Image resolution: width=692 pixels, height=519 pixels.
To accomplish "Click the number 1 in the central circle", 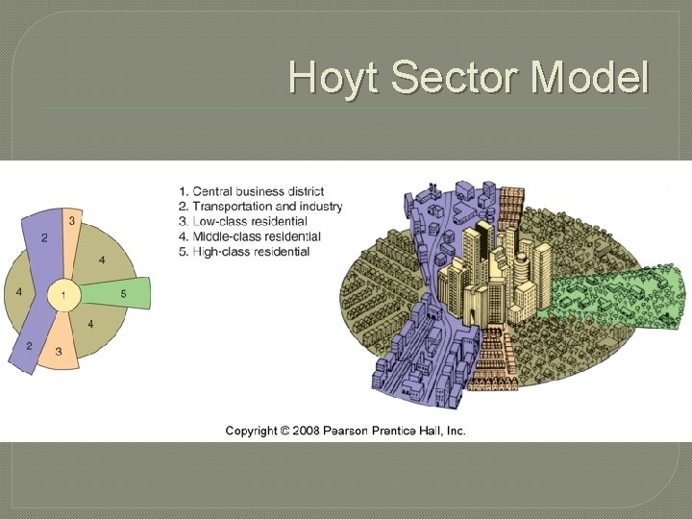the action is tap(63, 295).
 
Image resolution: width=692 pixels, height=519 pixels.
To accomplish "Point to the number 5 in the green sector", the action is tap(123, 292).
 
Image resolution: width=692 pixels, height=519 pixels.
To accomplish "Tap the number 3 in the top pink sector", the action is tap(71, 220).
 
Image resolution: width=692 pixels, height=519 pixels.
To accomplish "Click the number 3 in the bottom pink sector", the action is tap(60, 352).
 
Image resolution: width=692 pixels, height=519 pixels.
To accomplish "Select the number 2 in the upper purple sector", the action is tap(44, 236).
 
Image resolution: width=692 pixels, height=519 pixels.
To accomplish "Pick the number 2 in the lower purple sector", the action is tap(29, 345).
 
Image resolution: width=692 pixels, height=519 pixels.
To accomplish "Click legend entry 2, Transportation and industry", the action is tap(260, 207).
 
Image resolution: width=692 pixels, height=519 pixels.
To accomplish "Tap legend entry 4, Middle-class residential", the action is tap(250, 236).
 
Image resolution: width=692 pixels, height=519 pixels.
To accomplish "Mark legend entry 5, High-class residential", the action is tap(244, 252).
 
